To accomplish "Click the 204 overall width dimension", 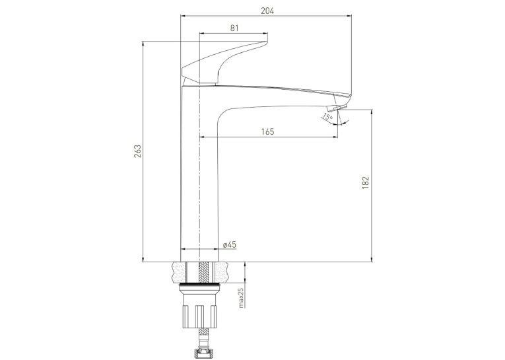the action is [267, 11].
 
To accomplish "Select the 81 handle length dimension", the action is [234, 28].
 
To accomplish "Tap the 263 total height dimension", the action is [137, 151].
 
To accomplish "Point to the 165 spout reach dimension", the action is [267, 131].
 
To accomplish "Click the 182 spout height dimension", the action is [366, 182].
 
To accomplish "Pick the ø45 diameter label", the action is [230, 244].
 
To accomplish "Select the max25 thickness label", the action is [242, 298].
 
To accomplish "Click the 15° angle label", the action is [327, 116].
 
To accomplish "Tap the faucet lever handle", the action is [224, 63].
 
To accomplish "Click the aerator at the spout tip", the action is [337, 107].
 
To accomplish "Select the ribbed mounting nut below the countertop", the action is [199, 316].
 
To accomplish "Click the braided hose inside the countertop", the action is [203, 273].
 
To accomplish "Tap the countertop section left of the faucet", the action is [180, 273].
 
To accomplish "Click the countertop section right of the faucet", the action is [222, 273].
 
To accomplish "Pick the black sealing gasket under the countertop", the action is [199, 285].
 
